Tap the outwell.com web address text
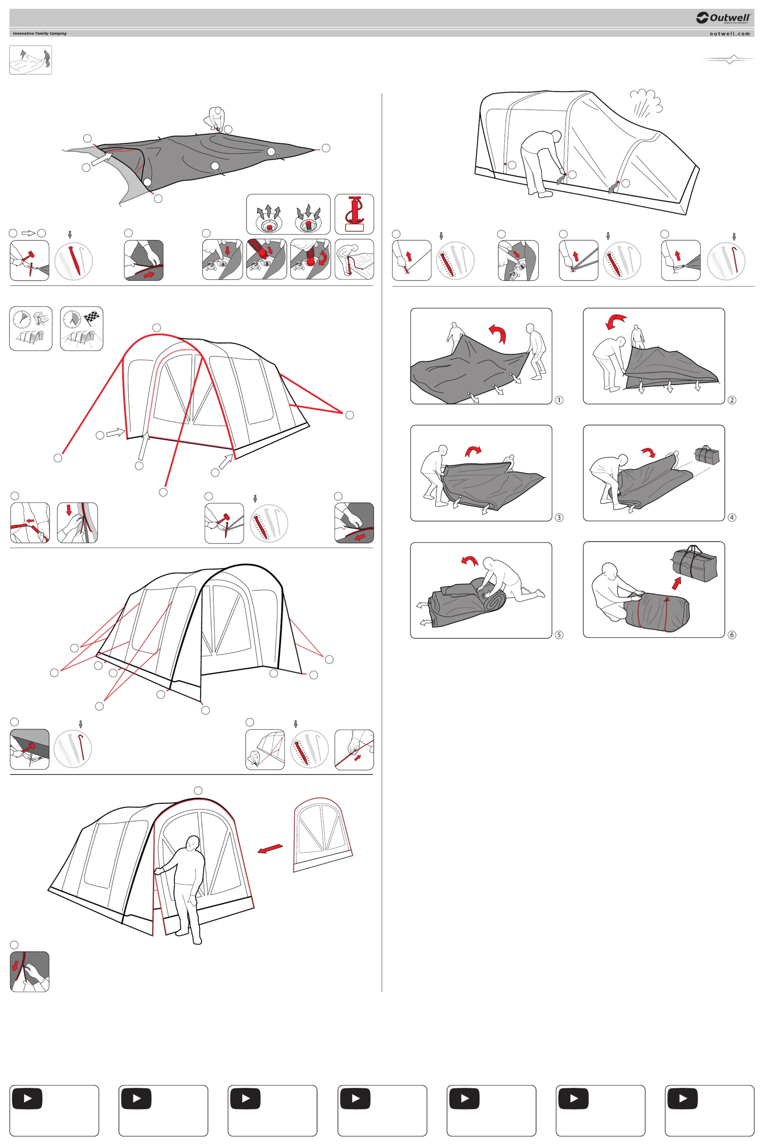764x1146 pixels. [729, 34]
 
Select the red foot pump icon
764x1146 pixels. [354, 214]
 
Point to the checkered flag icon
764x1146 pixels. [92, 318]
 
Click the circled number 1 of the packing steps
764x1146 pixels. [559, 400]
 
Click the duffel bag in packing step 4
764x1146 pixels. [706, 455]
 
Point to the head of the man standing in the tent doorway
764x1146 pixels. [193, 843]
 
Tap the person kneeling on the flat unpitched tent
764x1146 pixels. [215, 119]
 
